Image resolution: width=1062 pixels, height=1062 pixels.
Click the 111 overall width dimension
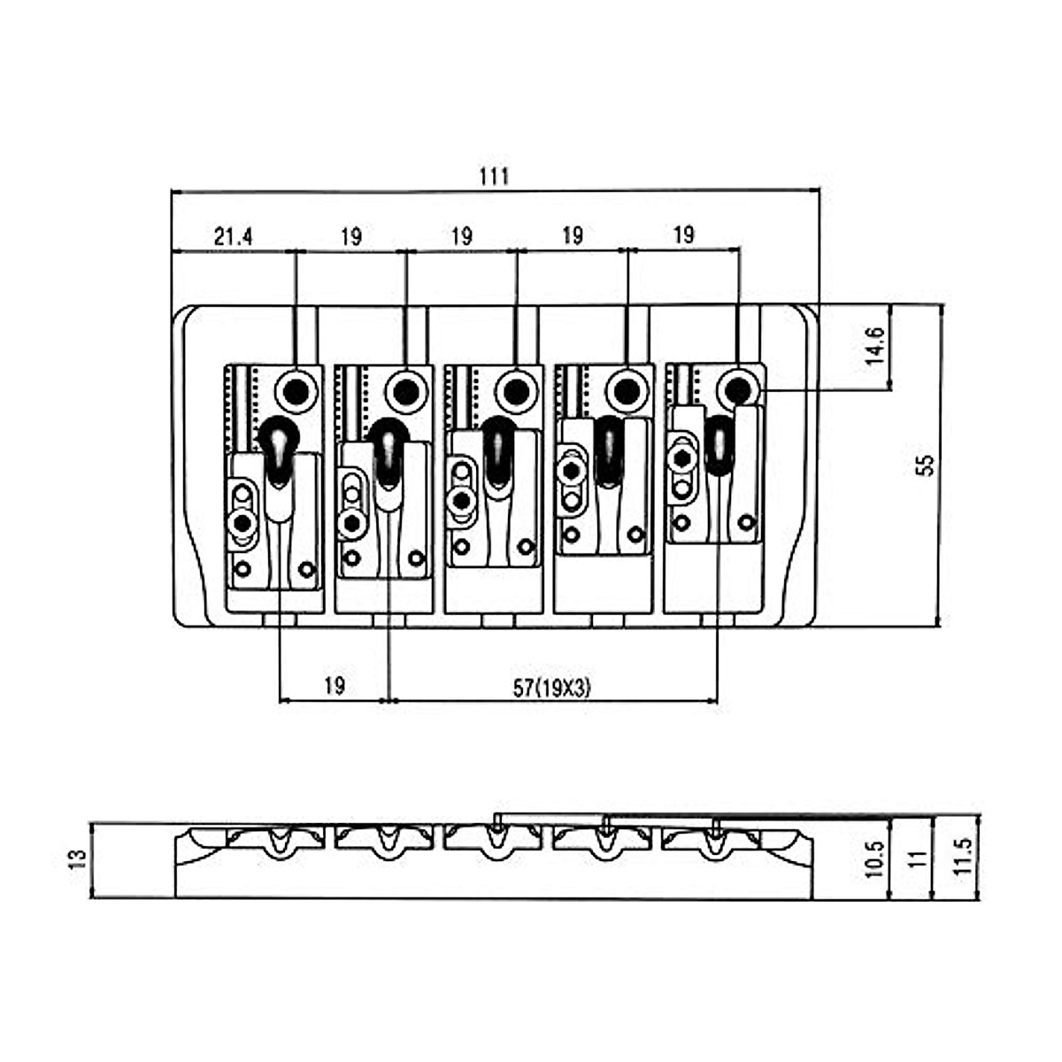494,177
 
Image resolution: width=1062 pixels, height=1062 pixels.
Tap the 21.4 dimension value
233,237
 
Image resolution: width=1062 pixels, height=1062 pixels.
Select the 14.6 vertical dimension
874,346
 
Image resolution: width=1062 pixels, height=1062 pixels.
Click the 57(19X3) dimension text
551,689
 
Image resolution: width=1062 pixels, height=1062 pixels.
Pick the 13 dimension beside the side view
80,858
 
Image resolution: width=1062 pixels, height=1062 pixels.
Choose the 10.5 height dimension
874,859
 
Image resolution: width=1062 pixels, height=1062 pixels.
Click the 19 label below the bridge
335,686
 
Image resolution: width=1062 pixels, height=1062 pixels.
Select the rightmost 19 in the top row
683,235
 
